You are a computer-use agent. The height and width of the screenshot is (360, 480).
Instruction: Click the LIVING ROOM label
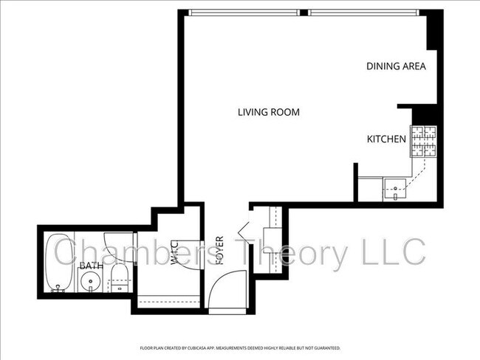tap(268, 112)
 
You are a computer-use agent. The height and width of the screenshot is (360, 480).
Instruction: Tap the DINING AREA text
tap(396, 66)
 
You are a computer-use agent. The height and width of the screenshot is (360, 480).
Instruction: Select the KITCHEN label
tap(386, 139)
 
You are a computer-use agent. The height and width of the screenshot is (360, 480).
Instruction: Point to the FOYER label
tap(219, 251)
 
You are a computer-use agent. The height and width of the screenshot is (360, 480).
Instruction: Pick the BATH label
tap(91, 266)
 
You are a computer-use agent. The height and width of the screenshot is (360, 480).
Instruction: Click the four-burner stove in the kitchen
tap(424, 142)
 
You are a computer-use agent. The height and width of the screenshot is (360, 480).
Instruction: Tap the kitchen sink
tap(396, 189)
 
